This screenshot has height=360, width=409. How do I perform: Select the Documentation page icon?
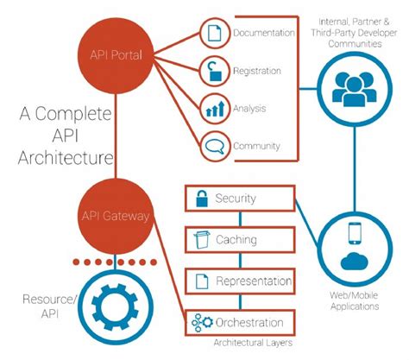pos(213,35)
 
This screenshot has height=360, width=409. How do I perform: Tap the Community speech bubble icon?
pos(213,146)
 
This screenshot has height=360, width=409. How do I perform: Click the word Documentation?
pos(263,35)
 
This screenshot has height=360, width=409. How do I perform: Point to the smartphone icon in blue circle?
pos(355,234)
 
